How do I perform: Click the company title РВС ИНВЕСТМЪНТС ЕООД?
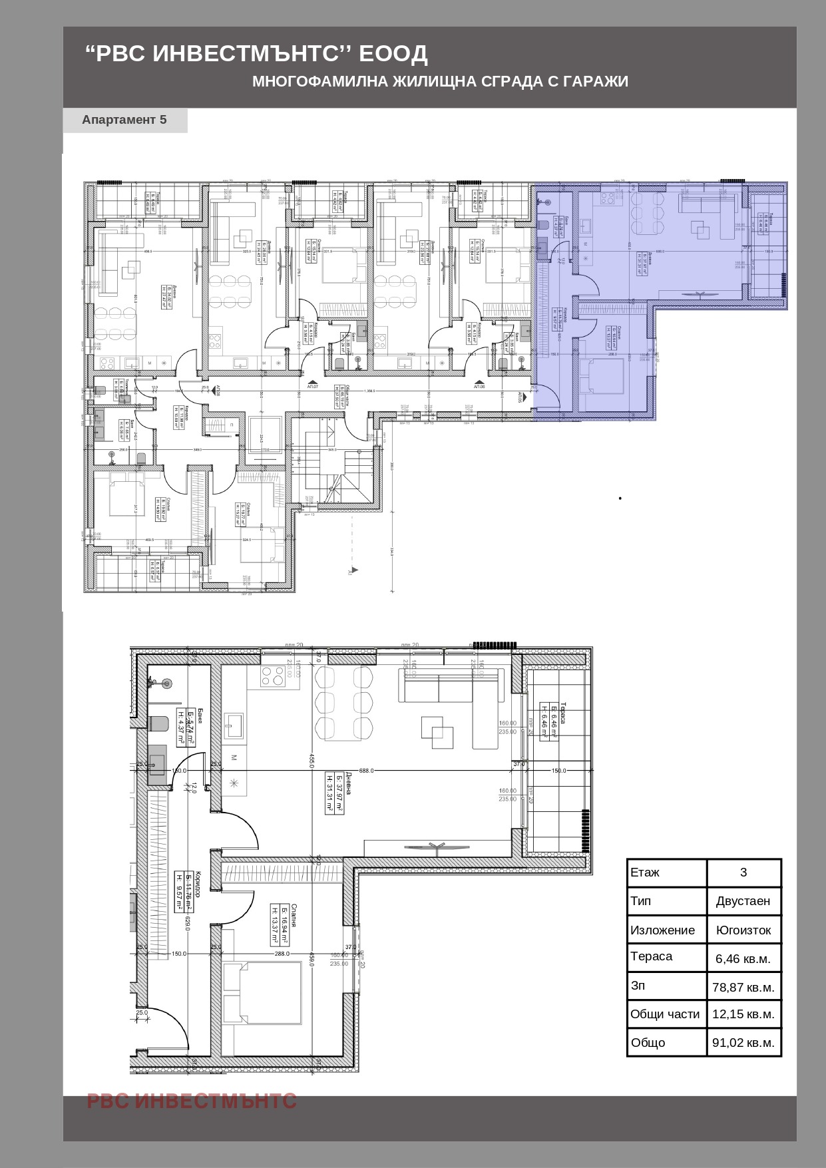(x=256, y=53)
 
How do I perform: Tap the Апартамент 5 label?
(x=124, y=120)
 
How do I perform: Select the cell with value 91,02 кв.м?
(x=743, y=1042)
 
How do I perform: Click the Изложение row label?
(x=663, y=930)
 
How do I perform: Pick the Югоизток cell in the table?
(x=743, y=930)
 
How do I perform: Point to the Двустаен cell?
(x=743, y=900)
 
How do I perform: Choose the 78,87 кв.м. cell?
(x=743, y=987)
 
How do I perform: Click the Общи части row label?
(x=665, y=1014)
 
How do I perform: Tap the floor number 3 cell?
(x=743, y=872)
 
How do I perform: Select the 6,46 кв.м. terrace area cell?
(x=743, y=958)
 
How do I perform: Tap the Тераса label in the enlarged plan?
(x=562, y=712)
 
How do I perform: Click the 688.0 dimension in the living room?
(x=366, y=771)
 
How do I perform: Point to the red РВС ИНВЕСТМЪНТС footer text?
(x=192, y=1101)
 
